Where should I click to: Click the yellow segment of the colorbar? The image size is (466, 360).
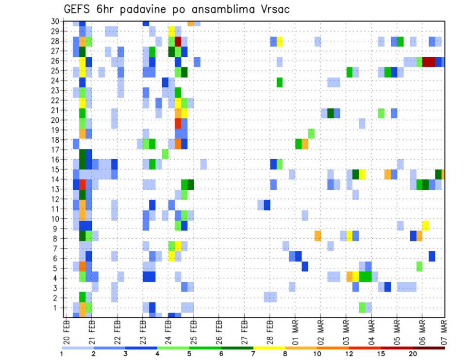coord(269,348)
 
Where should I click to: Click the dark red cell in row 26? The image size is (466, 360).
coord(429,62)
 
